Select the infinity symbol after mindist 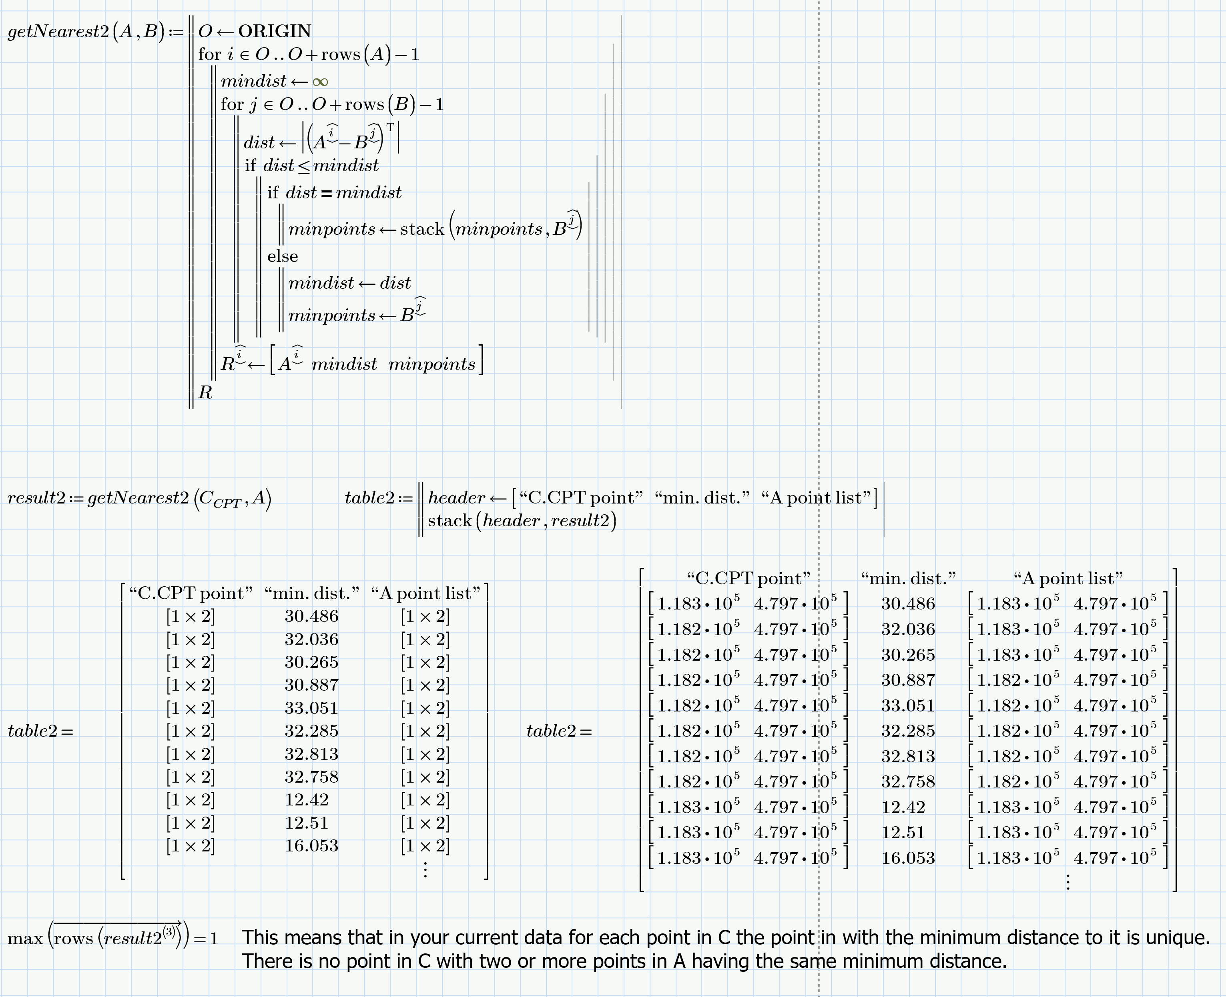[x=320, y=82]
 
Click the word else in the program [x=282, y=256]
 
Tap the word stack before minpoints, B [x=422, y=229]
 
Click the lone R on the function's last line [x=205, y=393]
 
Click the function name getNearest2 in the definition [x=58, y=32]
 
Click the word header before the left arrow [x=456, y=498]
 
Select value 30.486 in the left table [x=311, y=616]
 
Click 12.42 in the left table [x=306, y=799]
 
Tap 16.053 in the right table [x=908, y=858]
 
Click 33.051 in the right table [x=908, y=706]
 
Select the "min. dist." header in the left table [x=311, y=593]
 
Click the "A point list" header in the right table [x=1068, y=578]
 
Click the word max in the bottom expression [x=25, y=939]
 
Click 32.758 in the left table [x=311, y=777]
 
